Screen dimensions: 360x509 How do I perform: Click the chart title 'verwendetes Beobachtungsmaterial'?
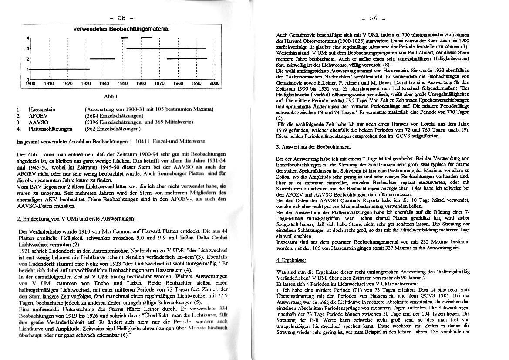pos(121,29)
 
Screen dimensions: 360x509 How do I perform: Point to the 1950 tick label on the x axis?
pos(123,83)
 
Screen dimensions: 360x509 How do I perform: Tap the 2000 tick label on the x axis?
pos(215,83)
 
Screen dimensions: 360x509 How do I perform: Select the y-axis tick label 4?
pos(27,38)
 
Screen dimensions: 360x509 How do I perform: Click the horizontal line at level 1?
pos(59,69)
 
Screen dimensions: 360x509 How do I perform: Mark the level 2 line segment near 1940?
pos(102,58)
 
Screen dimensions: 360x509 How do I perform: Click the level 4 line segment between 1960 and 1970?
pos(146,38)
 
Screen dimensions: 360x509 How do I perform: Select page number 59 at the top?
pos(374,19)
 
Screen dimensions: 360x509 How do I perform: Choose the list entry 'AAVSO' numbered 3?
pos(38,122)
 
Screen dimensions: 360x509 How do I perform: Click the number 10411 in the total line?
pos(143,141)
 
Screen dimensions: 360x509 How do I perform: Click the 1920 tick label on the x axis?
pos(67,83)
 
